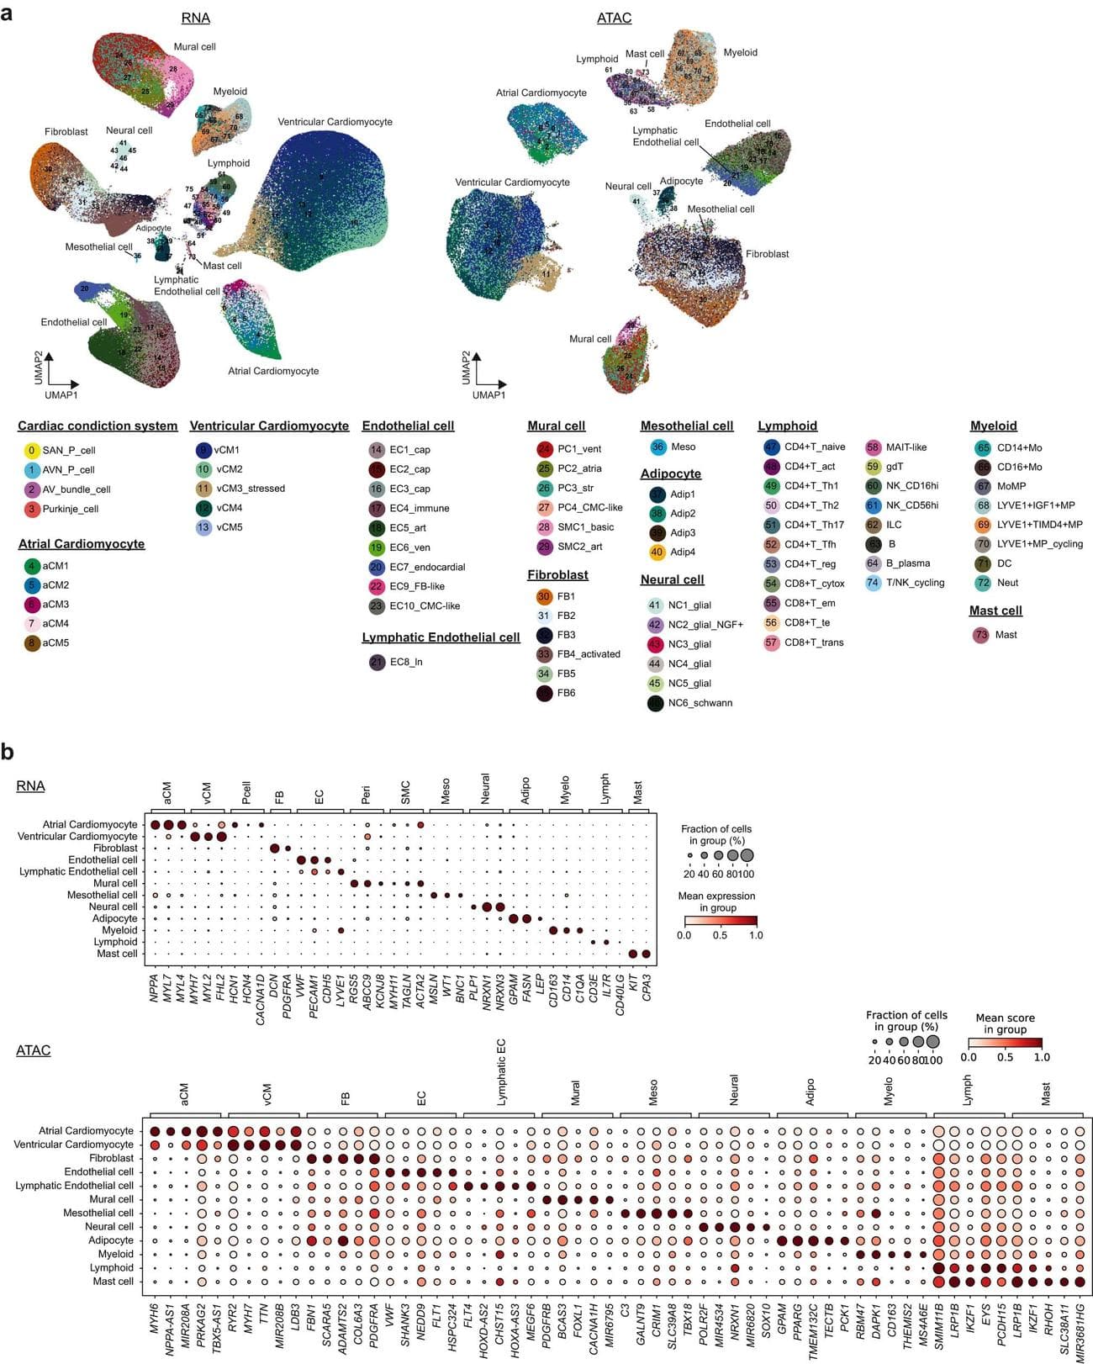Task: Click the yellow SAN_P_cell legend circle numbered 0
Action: pos(31,450)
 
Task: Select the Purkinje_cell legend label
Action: pos(71,509)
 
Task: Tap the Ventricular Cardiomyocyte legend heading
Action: pos(269,426)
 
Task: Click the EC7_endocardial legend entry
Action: pos(427,567)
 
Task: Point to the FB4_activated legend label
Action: pos(589,653)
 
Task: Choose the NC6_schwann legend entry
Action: pos(700,702)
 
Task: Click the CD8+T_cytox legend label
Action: pos(814,583)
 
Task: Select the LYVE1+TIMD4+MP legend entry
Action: pos(1039,524)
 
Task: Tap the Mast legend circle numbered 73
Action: pos(980,634)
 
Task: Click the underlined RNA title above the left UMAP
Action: pos(195,18)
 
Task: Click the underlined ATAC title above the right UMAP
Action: pos(614,18)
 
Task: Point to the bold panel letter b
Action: pos(8,751)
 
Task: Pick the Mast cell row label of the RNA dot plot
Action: pos(116,954)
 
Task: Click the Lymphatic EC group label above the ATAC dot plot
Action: pos(501,1071)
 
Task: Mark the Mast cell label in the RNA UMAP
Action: pos(222,265)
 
